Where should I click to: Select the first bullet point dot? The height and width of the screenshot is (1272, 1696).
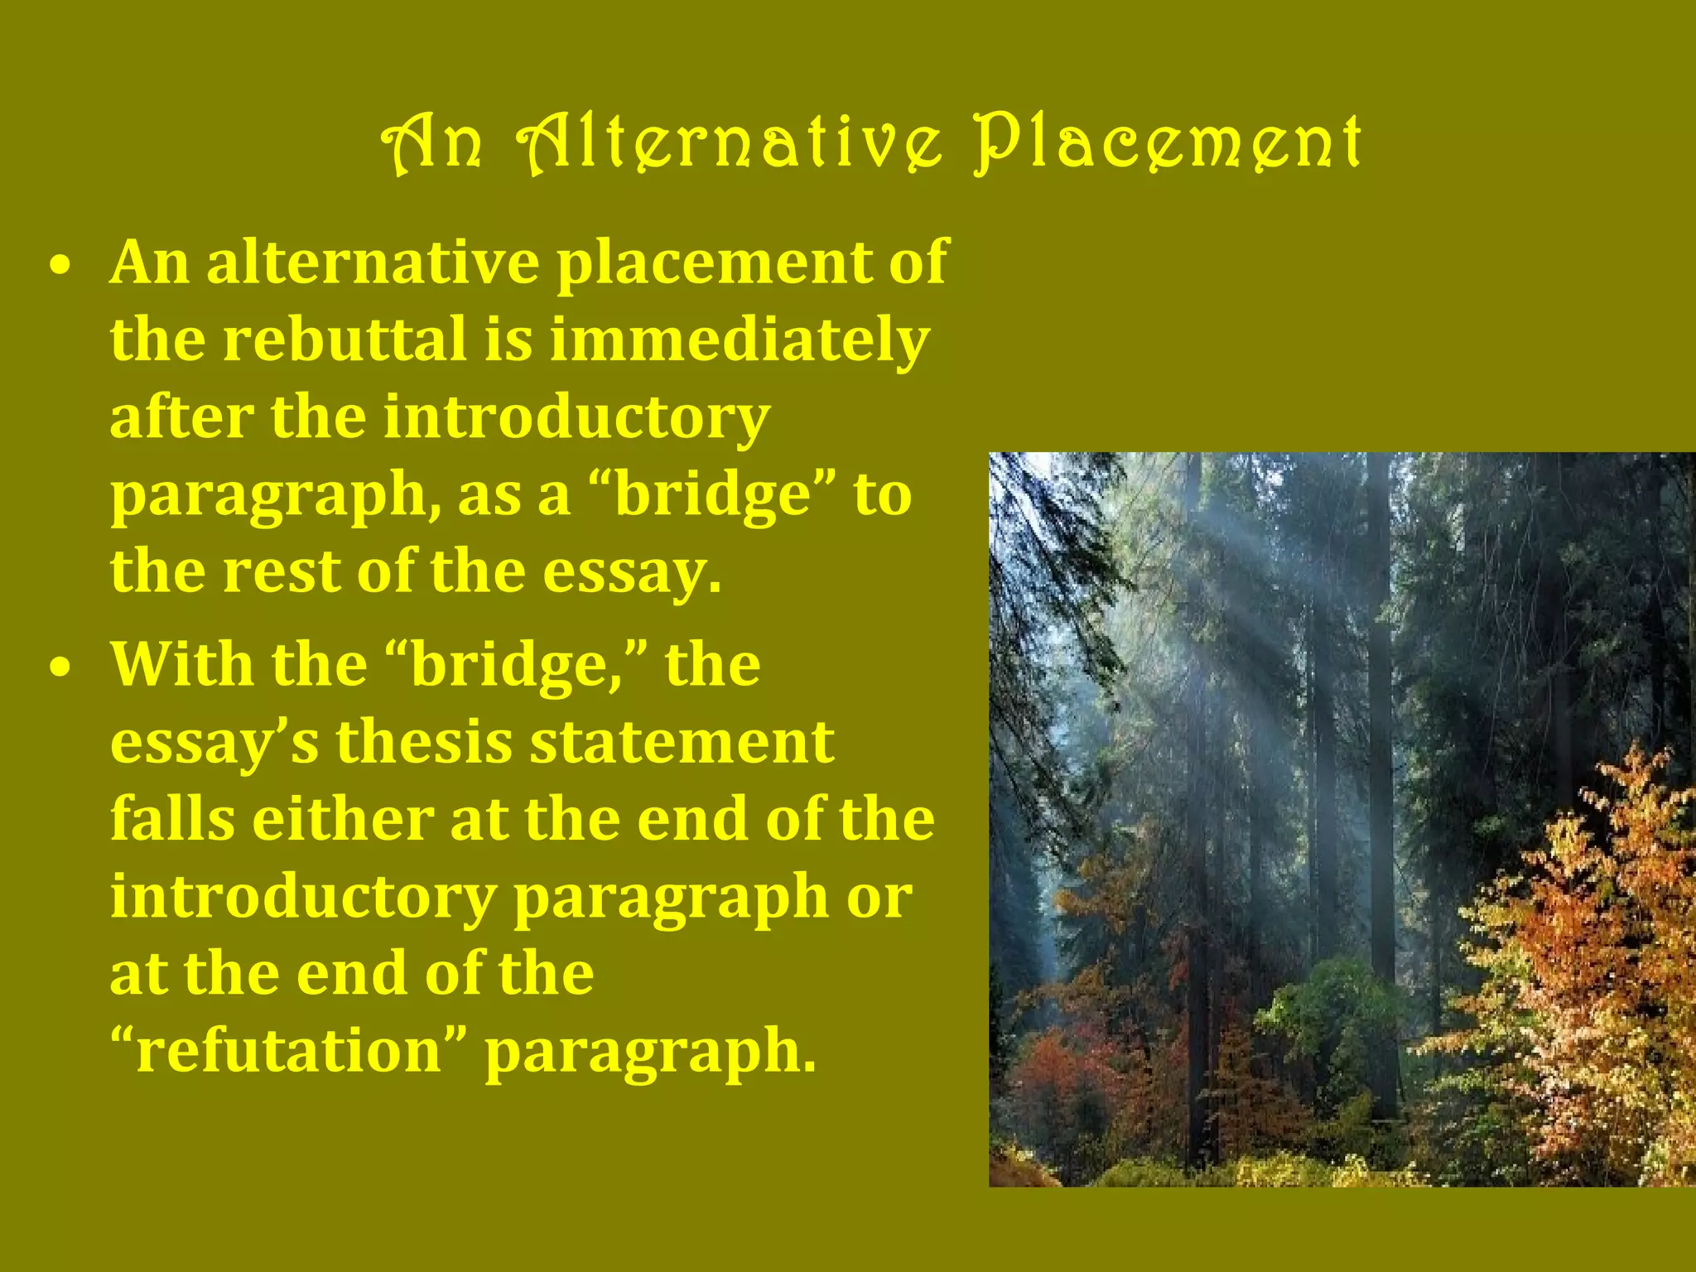[x=59, y=267]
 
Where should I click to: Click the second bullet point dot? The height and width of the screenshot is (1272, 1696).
[x=59, y=668]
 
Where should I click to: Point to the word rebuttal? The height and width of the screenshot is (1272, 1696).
[x=344, y=340]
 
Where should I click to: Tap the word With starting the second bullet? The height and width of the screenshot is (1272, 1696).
[x=180, y=665]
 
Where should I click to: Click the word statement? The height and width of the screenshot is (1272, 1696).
[x=682, y=742]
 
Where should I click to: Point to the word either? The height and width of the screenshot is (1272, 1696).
[x=342, y=819]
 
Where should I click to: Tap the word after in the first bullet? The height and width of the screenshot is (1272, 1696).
[x=181, y=417]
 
